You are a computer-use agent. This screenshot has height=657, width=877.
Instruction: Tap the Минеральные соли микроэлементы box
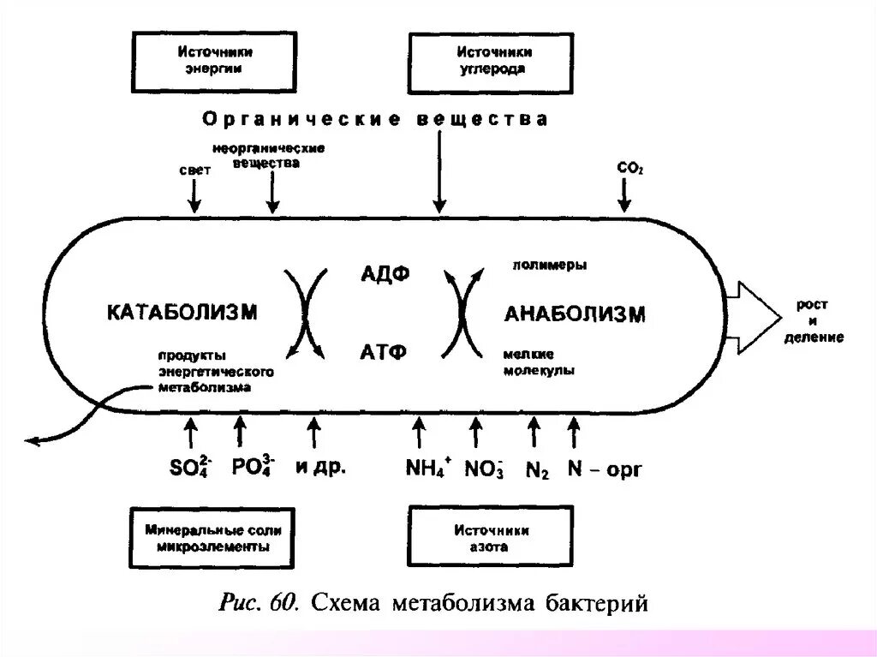tap(213, 537)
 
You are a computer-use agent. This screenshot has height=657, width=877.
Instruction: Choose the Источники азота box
tap(491, 537)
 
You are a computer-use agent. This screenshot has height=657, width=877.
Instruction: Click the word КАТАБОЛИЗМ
tap(182, 313)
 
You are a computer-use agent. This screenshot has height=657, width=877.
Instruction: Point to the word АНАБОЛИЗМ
tap(575, 314)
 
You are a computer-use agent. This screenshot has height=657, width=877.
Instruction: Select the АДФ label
tap(385, 274)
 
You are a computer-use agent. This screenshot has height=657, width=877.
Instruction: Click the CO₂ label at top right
tap(629, 169)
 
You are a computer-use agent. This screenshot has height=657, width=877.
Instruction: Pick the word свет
tap(194, 171)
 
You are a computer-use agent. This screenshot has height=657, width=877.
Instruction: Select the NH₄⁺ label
tap(427, 469)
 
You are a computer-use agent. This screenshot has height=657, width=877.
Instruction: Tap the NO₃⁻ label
tap(484, 469)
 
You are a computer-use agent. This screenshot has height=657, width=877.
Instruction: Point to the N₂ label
tap(536, 469)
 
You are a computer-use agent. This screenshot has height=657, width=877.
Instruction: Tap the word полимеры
tap(549, 265)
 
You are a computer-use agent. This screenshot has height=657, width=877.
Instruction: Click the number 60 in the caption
tap(282, 604)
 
